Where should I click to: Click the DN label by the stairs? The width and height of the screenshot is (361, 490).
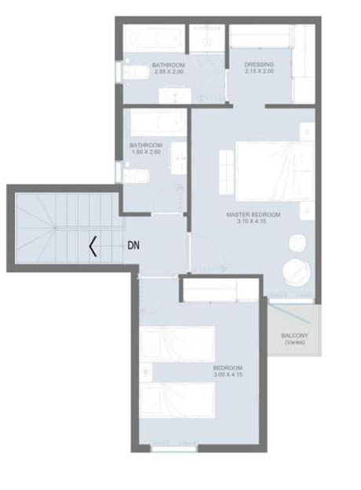(x=134, y=245)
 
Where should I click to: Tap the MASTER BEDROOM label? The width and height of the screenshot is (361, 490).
(x=253, y=214)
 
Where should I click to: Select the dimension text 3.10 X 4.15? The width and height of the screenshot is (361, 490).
(x=253, y=221)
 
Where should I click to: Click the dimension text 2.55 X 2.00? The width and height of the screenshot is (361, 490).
(x=168, y=71)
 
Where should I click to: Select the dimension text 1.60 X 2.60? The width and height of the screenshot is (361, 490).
(x=146, y=152)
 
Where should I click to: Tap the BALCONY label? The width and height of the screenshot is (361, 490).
(x=294, y=336)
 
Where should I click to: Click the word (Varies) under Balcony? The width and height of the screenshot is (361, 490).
(x=294, y=343)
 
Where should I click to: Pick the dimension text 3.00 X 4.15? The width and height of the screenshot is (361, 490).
(x=228, y=375)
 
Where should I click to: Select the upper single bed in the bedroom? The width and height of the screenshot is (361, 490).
(x=178, y=344)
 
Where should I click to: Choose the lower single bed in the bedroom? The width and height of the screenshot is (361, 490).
(x=178, y=400)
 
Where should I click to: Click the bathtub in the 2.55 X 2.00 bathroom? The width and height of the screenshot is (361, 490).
(x=153, y=38)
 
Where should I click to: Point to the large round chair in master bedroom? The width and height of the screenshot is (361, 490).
(x=297, y=272)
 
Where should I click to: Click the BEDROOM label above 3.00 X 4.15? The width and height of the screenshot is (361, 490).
(x=228, y=367)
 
